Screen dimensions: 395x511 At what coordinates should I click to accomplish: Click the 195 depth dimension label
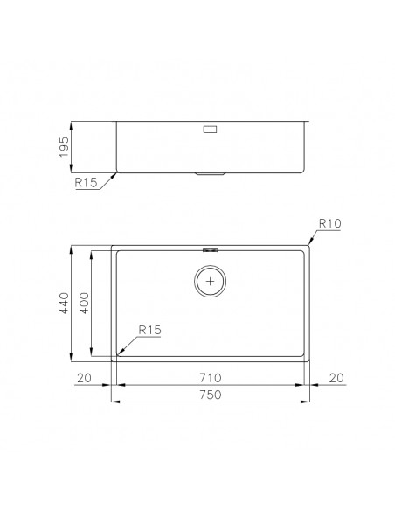[x=64, y=147]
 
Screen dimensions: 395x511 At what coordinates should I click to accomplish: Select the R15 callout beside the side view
[x=86, y=183]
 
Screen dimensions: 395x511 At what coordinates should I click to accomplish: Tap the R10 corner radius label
[x=330, y=223]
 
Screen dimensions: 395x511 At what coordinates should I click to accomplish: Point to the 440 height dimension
[x=64, y=303]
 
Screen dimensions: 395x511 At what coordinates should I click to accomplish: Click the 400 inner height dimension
[x=84, y=303]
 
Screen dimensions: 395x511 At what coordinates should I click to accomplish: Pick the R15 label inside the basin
[x=149, y=330]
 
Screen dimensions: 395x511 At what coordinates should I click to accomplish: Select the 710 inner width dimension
[x=211, y=378]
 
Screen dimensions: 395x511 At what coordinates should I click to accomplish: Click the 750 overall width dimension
[x=211, y=395]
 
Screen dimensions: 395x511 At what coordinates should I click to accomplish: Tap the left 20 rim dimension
[x=84, y=378]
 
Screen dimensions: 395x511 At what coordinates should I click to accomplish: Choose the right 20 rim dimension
[x=336, y=378]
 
